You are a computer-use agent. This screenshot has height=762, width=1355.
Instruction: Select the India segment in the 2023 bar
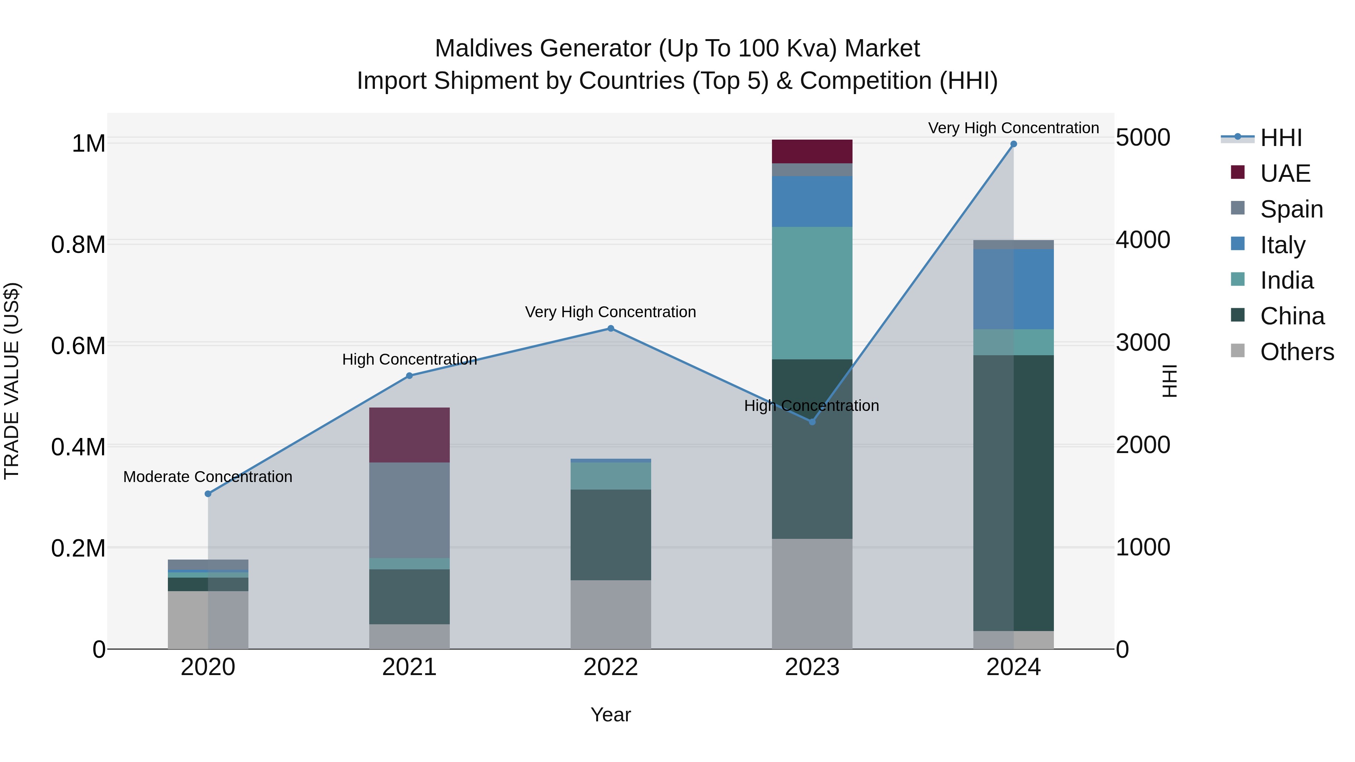coord(811,293)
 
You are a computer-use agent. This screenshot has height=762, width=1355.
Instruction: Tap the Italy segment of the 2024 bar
coord(1013,289)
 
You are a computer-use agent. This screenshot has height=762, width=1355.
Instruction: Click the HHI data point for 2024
coord(1013,144)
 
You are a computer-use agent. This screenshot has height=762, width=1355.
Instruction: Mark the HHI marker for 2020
coord(208,493)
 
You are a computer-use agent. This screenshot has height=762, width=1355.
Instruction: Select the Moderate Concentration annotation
coord(208,476)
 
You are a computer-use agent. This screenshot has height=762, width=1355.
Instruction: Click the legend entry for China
coord(1291,316)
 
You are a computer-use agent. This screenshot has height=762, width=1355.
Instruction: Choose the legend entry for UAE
coord(1285,173)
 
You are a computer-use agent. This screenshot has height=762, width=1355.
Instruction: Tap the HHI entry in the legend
coord(1280,138)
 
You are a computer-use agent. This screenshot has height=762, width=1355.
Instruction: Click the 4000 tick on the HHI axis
coord(1143,240)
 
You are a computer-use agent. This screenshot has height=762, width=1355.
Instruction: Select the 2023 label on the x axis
coord(811,667)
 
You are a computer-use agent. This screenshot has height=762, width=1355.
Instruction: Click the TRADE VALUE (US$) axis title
coord(12,381)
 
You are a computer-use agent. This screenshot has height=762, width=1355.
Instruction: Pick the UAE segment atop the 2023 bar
coord(811,151)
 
